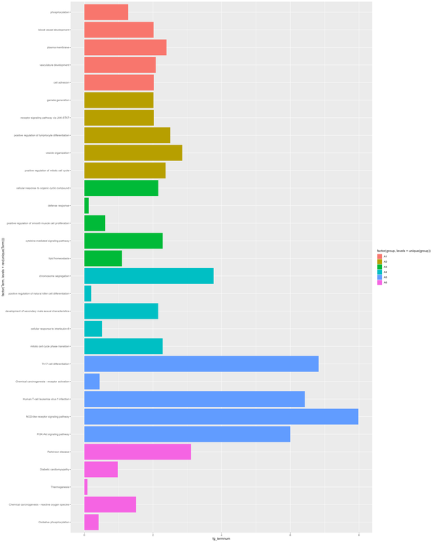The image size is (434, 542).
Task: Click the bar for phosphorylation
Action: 106,12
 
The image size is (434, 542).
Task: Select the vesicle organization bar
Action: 133,153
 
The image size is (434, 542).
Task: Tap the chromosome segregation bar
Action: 148,276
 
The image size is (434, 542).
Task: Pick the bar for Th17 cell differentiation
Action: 201,364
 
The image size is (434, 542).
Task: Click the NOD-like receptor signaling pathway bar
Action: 221,417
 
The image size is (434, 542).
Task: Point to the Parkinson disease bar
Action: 137,452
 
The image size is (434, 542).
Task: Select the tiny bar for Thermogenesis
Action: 85,487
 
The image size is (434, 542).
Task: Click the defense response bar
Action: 86,206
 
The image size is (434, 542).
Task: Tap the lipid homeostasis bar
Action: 103,259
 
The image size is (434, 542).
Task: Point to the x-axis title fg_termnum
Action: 221,539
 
